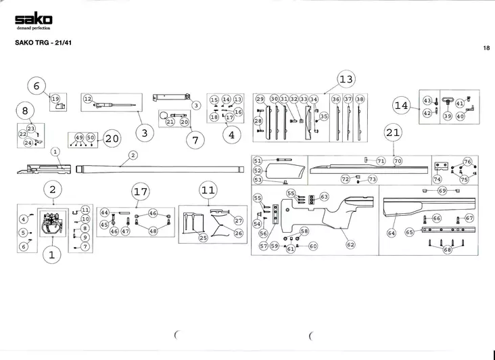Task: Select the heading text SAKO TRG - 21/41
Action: tap(39, 41)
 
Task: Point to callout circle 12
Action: tap(88, 99)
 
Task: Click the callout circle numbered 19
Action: tap(55, 99)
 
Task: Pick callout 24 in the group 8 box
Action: tap(28, 143)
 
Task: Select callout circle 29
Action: tap(260, 99)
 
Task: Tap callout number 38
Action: tap(360, 99)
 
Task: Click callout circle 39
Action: tap(447, 116)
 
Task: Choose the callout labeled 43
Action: tap(427, 100)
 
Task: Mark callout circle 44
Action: tap(104, 212)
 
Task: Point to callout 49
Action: tap(79, 137)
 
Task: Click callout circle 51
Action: tap(258, 160)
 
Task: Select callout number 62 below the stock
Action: tap(350, 244)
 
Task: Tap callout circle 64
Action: tap(391, 233)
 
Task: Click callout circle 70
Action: tap(398, 161)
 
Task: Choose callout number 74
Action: tap(437, 179)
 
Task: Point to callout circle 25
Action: tap(203, 238)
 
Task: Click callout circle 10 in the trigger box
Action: tap(85, 219)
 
